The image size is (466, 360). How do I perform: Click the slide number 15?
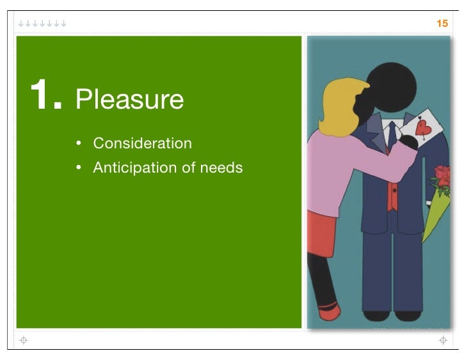pos(442,24)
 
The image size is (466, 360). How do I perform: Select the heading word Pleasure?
pos(129,99)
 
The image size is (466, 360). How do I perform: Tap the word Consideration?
pos(142,143)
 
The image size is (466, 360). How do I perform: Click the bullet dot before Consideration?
pos(78,144)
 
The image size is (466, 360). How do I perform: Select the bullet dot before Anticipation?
pos(78,168)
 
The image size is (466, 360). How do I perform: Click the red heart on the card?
pos(422,128)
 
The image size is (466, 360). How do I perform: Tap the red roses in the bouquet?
pos(442,176)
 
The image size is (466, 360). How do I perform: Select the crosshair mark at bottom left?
pos(24,340)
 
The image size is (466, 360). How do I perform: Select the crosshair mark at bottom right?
pos(442,340)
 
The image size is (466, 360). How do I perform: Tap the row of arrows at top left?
pos(42,24)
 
